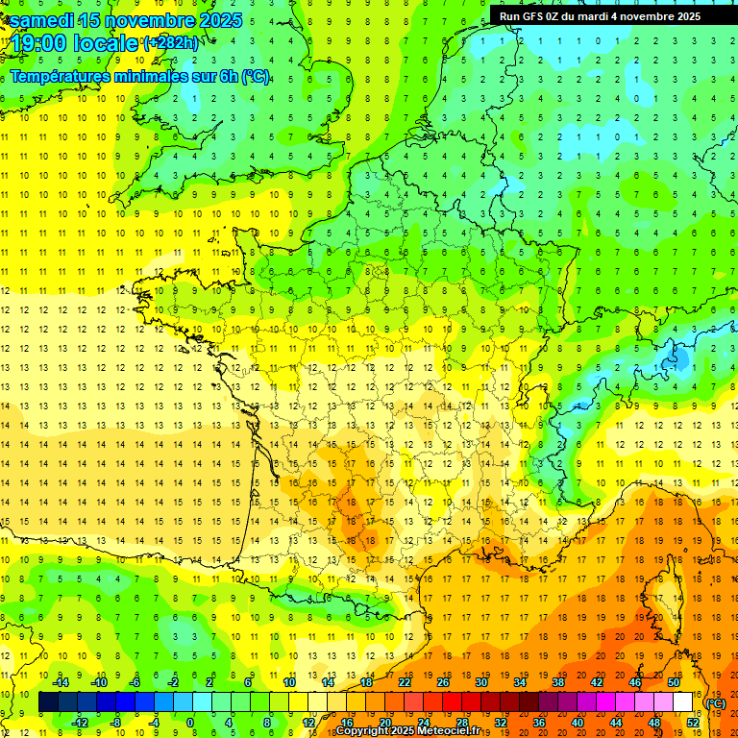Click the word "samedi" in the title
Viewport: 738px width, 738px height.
point(46,20)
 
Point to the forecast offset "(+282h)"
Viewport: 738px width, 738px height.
point(170,43)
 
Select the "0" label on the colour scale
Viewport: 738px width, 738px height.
point(189,723)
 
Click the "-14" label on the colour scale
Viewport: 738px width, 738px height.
point(61,682)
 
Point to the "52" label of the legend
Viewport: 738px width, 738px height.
point(692,723)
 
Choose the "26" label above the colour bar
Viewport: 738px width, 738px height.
point(443,682)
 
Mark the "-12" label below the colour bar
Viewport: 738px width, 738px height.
point(80,723)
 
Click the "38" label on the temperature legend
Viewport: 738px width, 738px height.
point(558,682)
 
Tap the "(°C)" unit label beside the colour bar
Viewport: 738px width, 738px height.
point(717,703)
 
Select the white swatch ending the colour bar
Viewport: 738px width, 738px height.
point(683,702)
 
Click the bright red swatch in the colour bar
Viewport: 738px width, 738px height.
point(453,702)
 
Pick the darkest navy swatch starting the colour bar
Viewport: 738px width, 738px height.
point(49,702)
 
